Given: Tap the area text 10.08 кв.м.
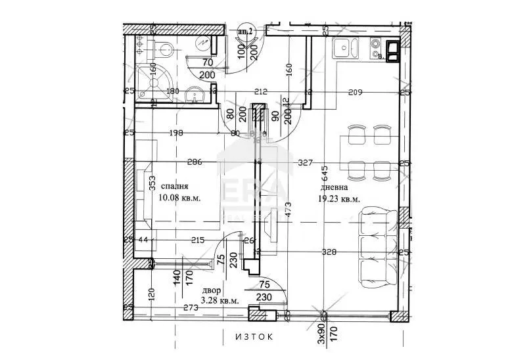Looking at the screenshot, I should tap(179, 197).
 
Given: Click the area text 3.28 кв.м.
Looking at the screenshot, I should tap(220, 301).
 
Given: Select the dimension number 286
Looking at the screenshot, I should tap(193, 162).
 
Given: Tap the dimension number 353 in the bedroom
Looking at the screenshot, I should tap(152, 182).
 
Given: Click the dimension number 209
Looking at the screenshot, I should tap(356, 93).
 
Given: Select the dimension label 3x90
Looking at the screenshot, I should tap(321, 332).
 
